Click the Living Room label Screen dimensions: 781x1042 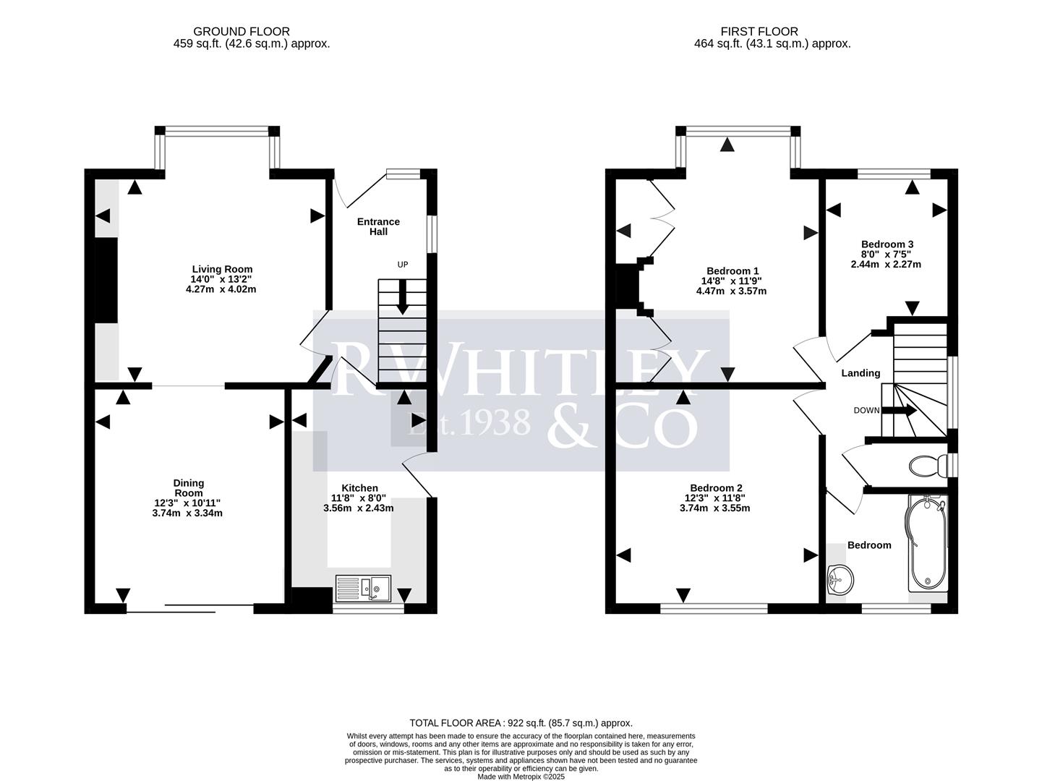pyautogui.click(x=221, y=269)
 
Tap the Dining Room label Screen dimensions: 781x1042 pyautogui.click(x=188, y=488)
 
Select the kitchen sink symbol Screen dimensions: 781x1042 pyautogui.click(x=363, y=589)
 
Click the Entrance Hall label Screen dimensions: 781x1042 pyautogui.click(x=378, y=226)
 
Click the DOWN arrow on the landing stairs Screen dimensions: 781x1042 pyautogui.click(x=899, y=410)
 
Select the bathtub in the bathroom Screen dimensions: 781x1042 pyautogui.click(x=926, y=544)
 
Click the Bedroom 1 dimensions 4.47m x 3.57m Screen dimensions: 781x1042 pyautogui.click(x=730, y=291)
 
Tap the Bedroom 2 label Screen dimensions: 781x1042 pyautogui.click(x=715, y=488)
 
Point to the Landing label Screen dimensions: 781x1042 pyautogui.click(x=860, y=373)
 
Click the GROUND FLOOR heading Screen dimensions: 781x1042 pyautogui.click(x=242, y=31)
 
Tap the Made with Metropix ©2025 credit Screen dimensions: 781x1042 pyautogui.click(x=521, y=777)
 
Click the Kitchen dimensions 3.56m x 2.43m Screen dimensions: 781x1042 pyautogui.click(x=359, y=508)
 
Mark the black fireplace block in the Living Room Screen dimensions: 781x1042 pyautogui.click(x=106, y=280)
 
